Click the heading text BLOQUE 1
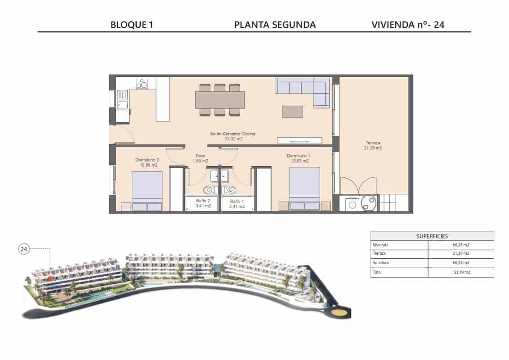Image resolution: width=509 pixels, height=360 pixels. click(132, 25)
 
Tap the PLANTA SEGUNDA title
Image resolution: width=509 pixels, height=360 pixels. click(275, 25)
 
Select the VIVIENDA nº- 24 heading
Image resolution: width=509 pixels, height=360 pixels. click(408, 25)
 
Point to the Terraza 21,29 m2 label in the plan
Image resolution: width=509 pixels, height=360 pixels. click(373, 145)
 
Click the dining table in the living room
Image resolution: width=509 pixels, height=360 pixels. click(220, 100)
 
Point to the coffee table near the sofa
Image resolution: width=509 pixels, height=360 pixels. click(292, 112)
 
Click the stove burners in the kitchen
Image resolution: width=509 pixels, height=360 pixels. click(142, 84)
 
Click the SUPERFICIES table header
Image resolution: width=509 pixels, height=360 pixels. click(432, 236)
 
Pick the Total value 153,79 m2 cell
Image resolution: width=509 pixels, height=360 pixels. click(460, 272)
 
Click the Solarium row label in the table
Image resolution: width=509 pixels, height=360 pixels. click(380, 263)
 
